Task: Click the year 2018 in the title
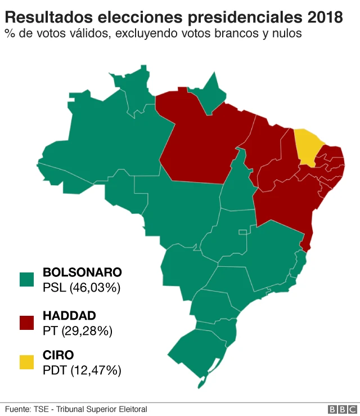pos(324,17)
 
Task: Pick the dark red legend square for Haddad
pos(26,322)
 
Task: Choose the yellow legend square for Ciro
pos(26,362)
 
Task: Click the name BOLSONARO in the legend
pos(82,272)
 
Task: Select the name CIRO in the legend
pos(58,355)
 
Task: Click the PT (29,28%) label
pos(78,330)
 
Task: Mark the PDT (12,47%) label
pos(82,370)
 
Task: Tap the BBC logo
pos(341,409)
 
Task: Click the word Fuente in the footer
pos(18,409)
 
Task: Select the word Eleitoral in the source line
pos(130,409)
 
